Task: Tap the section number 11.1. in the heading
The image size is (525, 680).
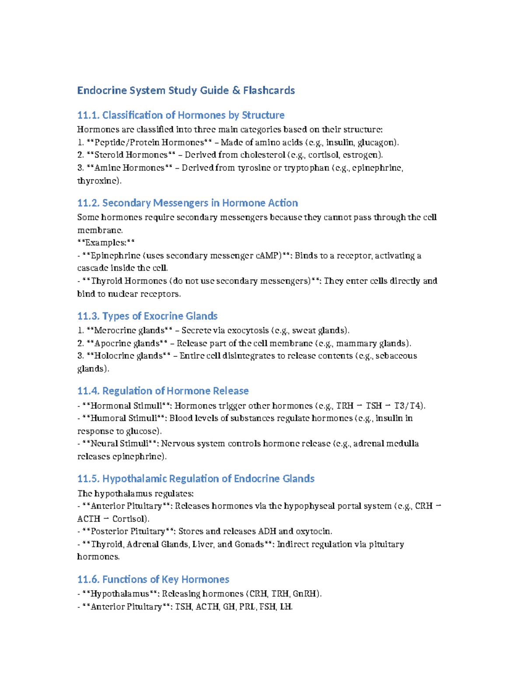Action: click(x=88, y=115)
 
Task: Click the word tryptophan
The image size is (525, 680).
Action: click(x=306, y=168)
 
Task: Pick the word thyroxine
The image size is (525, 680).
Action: click(x=97, y=180)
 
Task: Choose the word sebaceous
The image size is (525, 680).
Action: click(x=396, y=356)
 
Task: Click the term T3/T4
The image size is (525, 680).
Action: click(x=408, y=406)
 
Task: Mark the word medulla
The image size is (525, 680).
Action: click(x=403, y=444)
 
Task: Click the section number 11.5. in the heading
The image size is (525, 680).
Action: click(x=88, y=479)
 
